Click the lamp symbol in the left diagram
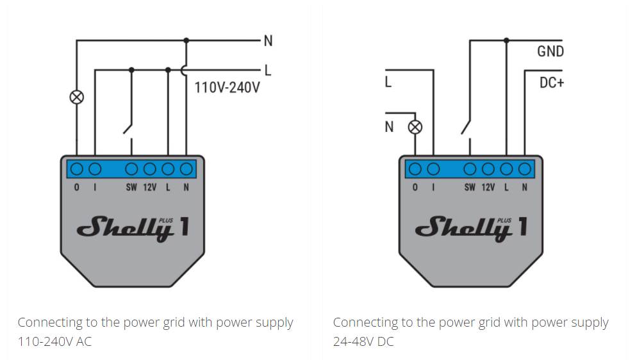[x=77, y=97]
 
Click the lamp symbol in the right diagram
[x=415, y=127]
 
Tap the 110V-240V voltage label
[x=227, y=88]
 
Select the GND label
[x=550, y=51]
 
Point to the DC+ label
[x=552, y=83]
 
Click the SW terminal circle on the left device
[x=131, y=169]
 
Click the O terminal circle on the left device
[x=77, y=169]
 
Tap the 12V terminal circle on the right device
[x=488, y=169]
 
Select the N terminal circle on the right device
[x=524, y=169]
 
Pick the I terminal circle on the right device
[x=433, y=169]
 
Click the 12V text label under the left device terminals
[x=149, y=188]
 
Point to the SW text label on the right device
[x=470, y=188]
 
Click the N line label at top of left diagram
[x=268, y=41]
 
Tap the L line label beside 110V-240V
[x=268, y=70]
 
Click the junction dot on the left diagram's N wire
[x=186, y=40]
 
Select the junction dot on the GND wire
[x=506, y=40]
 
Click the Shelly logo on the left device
[x=125, y=229]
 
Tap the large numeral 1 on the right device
[x=523, y=227]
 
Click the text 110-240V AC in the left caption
[x=55, y=341]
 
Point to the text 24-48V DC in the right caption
[x=363, y=341]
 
